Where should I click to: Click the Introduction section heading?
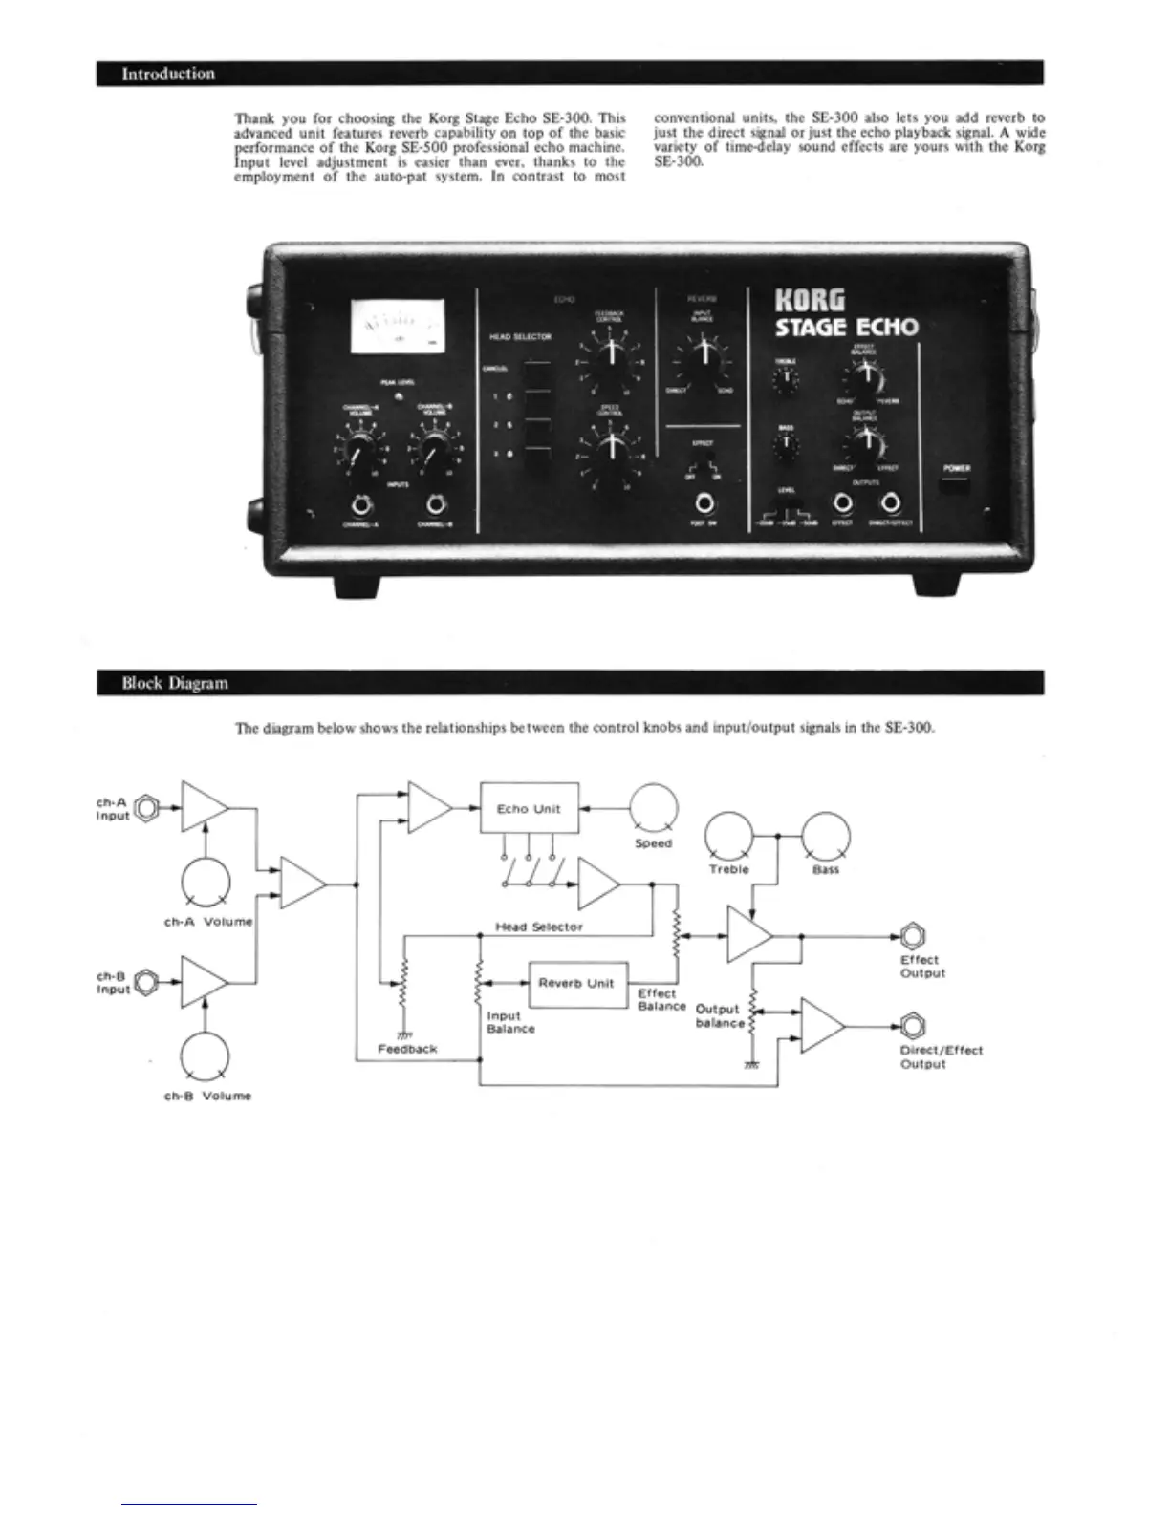click(168, 74)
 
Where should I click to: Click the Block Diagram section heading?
click(174, 683)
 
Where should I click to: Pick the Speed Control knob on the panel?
click(608, 448)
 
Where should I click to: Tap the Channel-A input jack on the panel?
click(360, 505)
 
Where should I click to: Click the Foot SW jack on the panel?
click(705, 502)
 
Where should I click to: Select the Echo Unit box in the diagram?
click(529, 808)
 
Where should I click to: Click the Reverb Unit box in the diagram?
click(575, 983)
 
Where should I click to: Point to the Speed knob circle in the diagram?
click(654, 807)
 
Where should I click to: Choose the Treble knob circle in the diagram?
click(728, 836)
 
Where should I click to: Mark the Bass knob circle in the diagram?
click(825, 836)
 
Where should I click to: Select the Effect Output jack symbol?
click(914, 936)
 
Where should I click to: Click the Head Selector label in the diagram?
click(539, 927)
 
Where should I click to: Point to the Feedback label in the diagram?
click(407, 1049)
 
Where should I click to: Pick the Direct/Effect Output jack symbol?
click(914, 1026)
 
